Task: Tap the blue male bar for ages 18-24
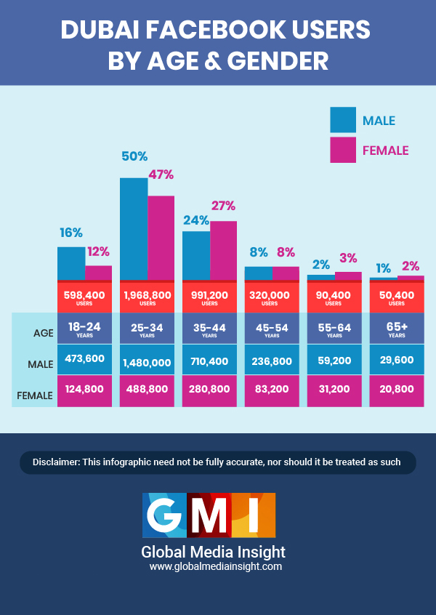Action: pos(71,263)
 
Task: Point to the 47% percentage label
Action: pos(161,174)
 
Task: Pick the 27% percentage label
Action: pos(223,206)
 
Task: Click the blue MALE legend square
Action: pos(343,120)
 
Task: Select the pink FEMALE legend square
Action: pos(343,150)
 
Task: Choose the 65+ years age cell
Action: pos(397,329)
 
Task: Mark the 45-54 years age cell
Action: pos(272,329)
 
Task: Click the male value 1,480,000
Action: pos(148,361)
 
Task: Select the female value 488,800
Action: pos(148,390)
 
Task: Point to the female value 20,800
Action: pos(397,390)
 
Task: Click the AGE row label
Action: pos(43,333)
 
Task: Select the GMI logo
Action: pos(209,513)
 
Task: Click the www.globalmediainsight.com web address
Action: pos(216,566)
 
